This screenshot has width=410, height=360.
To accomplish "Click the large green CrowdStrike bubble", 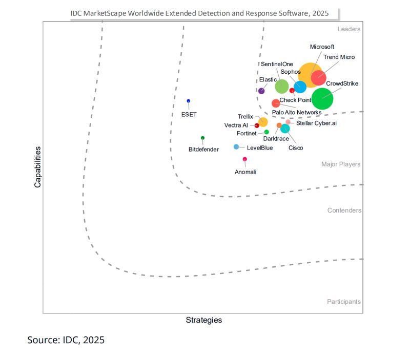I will (x=322, y=98).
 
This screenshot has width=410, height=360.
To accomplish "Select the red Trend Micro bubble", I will (x=318, y=78).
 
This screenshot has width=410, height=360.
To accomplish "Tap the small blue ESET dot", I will (x=189, y=101).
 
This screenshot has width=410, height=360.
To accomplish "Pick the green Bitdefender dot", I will (x=202, y=138).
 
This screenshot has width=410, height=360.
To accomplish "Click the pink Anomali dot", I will (x=244, y=159).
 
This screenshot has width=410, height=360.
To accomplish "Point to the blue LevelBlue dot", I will (x=236, y=147).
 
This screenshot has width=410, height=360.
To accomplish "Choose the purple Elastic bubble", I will (x=261, y=91).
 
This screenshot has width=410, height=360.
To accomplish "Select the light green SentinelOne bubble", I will (x=282, y=87).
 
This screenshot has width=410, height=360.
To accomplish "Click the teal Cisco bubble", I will (x=285, y=129).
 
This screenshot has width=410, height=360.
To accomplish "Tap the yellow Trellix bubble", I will (x=262, y=122).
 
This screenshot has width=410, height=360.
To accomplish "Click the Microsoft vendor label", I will (x=322, y=47).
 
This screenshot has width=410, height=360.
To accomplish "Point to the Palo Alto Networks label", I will (x=297, y=112).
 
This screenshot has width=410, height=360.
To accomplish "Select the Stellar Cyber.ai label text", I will (x=316, y=123).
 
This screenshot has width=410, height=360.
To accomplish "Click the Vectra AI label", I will (x=236, y=125).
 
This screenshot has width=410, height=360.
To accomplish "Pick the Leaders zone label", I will (x=349, y=29).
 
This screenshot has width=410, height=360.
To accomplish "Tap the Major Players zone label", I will (x=341, y=164).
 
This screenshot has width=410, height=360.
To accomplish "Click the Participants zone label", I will (x=343, y=302).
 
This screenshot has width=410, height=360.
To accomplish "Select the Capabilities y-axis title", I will (x=37, y=167).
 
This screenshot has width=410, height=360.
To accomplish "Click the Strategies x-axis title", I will (x=203, y=320).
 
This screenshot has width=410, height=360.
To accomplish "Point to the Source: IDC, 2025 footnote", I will (x=66, y=340).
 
